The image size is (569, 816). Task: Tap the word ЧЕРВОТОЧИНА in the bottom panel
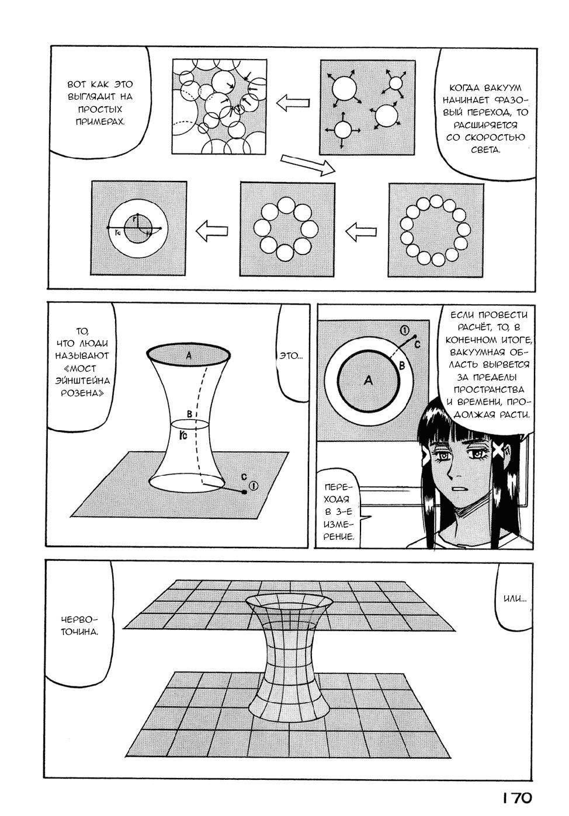(79, 626)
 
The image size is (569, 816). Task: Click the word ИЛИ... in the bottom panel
(515, 598)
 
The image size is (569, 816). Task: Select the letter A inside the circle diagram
(369, 381)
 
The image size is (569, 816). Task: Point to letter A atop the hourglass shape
(189, 356)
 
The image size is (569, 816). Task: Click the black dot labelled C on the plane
(244, 492)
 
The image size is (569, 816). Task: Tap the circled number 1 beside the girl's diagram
(405, 330)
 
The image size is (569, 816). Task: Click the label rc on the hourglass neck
(183, 435)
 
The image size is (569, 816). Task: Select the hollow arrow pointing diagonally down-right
(308, 165)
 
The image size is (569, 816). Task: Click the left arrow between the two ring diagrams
(361, 232)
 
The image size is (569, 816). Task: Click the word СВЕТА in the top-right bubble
(485, 150)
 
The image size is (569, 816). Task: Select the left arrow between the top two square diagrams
(293, 102)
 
